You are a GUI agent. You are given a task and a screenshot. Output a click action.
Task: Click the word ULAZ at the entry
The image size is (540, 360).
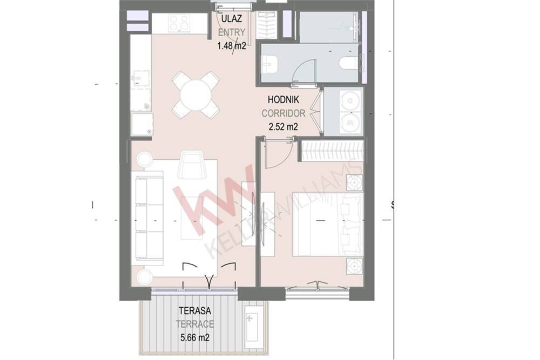tap(232, 19)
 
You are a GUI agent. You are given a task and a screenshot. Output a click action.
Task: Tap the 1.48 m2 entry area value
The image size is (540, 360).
tap(232, 45)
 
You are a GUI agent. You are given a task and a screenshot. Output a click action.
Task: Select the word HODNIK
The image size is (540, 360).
tap(283, 100)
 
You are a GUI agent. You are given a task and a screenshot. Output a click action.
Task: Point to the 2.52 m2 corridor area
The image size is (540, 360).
tap(283, 127)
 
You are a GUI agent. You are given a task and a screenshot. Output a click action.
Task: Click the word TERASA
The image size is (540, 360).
tap(195, 311)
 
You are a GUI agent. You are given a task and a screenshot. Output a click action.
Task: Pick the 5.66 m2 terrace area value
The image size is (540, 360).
tap(195, 337)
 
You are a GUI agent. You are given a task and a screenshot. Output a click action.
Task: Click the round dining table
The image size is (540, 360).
tap(195, 94)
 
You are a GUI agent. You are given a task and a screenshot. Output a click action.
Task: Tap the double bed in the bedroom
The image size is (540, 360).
tap(328, 224)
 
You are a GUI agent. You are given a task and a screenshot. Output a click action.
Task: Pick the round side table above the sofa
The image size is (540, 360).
tap(144, 160)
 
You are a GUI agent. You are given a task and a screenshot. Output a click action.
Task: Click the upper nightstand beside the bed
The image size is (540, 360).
tap(354, 183)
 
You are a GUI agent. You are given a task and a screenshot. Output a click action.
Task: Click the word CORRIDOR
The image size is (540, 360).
tap(283, 113)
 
